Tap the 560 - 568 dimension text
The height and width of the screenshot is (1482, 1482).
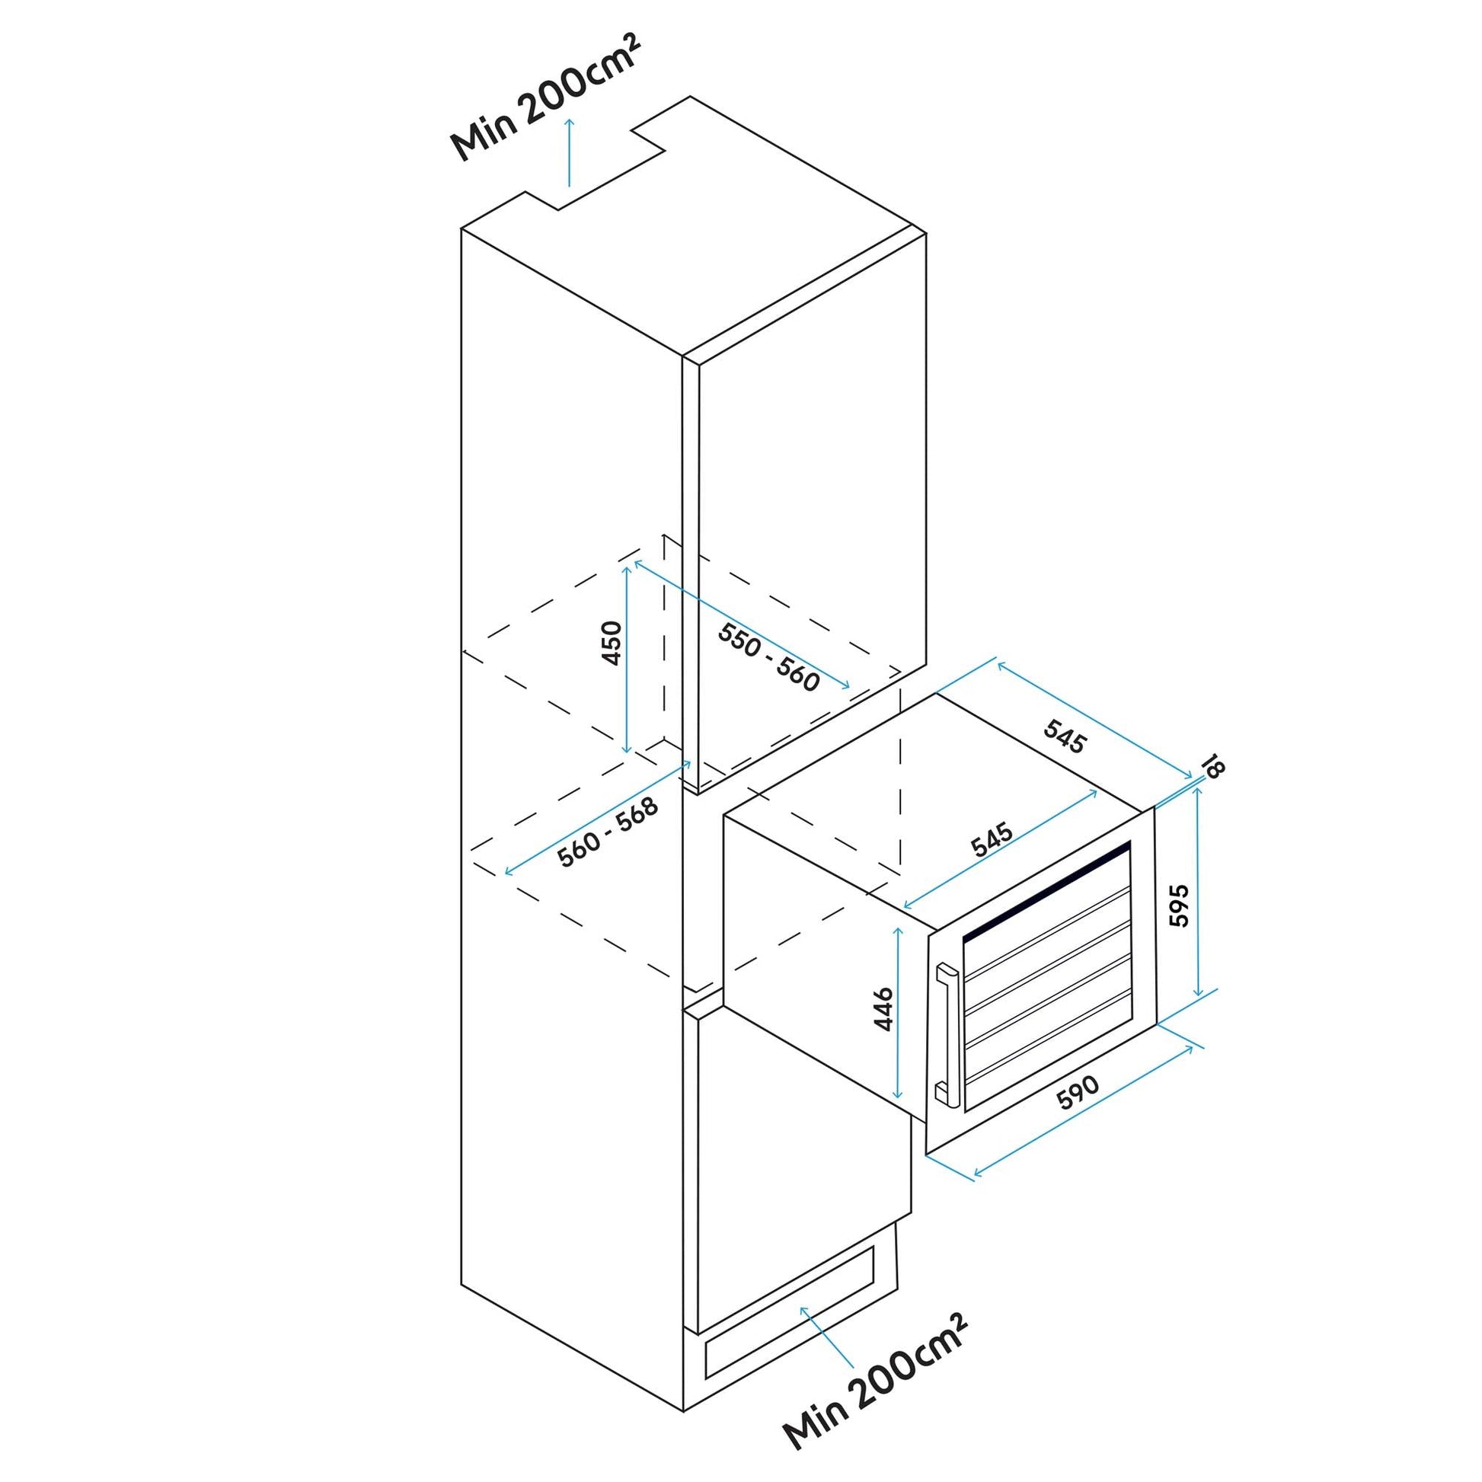608,833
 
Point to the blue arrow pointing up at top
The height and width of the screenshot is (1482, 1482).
568,152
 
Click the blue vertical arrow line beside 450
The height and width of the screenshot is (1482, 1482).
628,659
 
